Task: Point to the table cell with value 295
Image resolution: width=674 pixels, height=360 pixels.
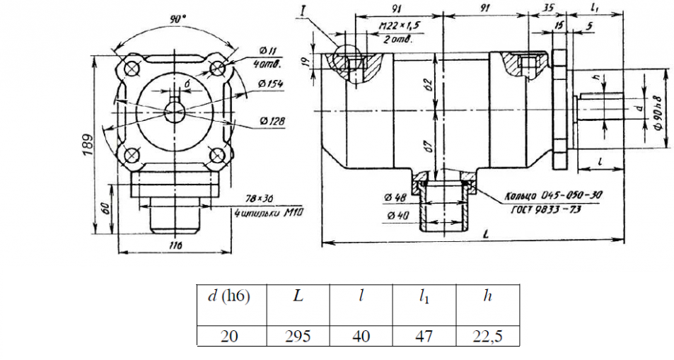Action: pos(298,336)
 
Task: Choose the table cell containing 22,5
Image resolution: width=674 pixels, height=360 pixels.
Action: pos(487,336)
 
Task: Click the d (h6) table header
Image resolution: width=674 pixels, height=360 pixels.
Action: pos(229,296)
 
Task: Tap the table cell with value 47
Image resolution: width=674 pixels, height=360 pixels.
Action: pos(424,336)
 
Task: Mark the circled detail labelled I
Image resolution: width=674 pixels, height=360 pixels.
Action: pos(347,63)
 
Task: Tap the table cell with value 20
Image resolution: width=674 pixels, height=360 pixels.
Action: pos(229,336)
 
